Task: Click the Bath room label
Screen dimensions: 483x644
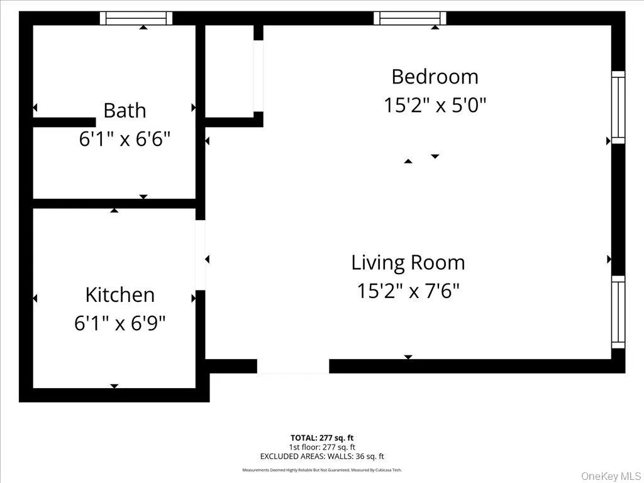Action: (x=125, y=111)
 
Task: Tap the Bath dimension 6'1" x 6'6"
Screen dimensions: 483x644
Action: (x=125, y=138)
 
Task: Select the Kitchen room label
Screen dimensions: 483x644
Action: (x=119, y=295)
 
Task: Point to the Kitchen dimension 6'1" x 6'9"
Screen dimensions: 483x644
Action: (x=119, y=323)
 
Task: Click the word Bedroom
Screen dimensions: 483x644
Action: (x=435, y=77)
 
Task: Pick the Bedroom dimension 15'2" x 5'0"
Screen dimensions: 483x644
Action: (x=435, y=105)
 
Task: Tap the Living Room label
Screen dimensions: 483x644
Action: (x=408, y=262)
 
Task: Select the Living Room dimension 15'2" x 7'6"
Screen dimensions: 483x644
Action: (x=408, y=291)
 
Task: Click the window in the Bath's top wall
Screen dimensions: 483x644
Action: (x=136, y=18)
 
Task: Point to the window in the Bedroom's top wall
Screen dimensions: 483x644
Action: (x=410, y=18)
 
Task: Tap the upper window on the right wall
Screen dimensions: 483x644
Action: (x=618, y=108)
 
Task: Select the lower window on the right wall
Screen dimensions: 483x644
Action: (x=618, y=312)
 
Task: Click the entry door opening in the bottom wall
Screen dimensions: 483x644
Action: (x=293, y=366)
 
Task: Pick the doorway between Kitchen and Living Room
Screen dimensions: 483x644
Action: (x=201, y=255)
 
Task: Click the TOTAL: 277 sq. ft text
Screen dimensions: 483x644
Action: (x=322, y=438)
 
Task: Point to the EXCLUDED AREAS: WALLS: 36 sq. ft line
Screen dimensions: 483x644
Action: (x=322, y=457)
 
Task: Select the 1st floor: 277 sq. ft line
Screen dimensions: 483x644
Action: (x=322, y=447)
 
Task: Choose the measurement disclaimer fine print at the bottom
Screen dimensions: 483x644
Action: (x=322, y=470)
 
